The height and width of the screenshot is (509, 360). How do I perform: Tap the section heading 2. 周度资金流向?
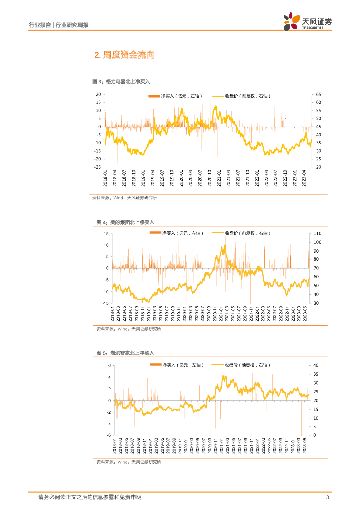coord(124,55)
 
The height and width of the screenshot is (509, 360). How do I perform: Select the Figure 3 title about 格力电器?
coord(121,81)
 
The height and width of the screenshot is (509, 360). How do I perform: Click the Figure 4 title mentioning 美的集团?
coord(125,222)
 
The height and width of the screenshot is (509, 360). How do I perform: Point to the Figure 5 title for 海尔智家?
coord(125,353)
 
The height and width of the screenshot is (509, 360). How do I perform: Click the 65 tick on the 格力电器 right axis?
coord(318,94)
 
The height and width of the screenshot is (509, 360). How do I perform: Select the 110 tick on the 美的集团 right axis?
coord(318,233)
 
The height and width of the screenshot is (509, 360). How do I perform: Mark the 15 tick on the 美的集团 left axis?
coord(106,233)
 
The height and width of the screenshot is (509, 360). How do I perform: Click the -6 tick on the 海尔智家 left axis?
coord(110,435)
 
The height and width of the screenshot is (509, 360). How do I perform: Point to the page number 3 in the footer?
coord(327,498)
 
